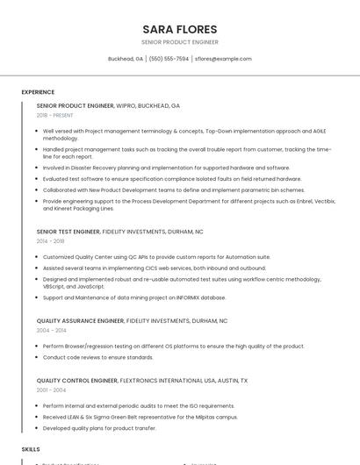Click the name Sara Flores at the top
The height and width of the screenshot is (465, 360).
click(x=180, y=28)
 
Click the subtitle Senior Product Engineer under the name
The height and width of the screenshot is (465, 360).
click(x=180, y=42)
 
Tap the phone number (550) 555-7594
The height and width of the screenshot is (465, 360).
click(x=169, y=59)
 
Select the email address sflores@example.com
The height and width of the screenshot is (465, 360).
click(x=223, y=59)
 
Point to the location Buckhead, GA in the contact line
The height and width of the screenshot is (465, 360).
click(x=126, y=59)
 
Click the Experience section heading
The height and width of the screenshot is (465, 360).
click(x=38, y=92)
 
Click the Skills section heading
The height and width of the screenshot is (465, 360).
click(x=31, y=449)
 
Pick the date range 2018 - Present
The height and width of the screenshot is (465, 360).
click(x=55, y=115)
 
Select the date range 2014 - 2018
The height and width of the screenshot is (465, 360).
click(x=51, y=240)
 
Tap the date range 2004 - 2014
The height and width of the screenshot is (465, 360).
click(x=51, y=331)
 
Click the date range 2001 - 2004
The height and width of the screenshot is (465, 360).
click(x=51, y=390)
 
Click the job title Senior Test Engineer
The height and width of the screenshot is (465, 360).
click(x=68, y=232)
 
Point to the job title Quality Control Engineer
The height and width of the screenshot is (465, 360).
click(x=77, y=381)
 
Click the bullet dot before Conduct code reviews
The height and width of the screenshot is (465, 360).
click(x=37, y=358)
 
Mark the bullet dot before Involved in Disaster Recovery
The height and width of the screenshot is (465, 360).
click(x=37, y=168)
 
